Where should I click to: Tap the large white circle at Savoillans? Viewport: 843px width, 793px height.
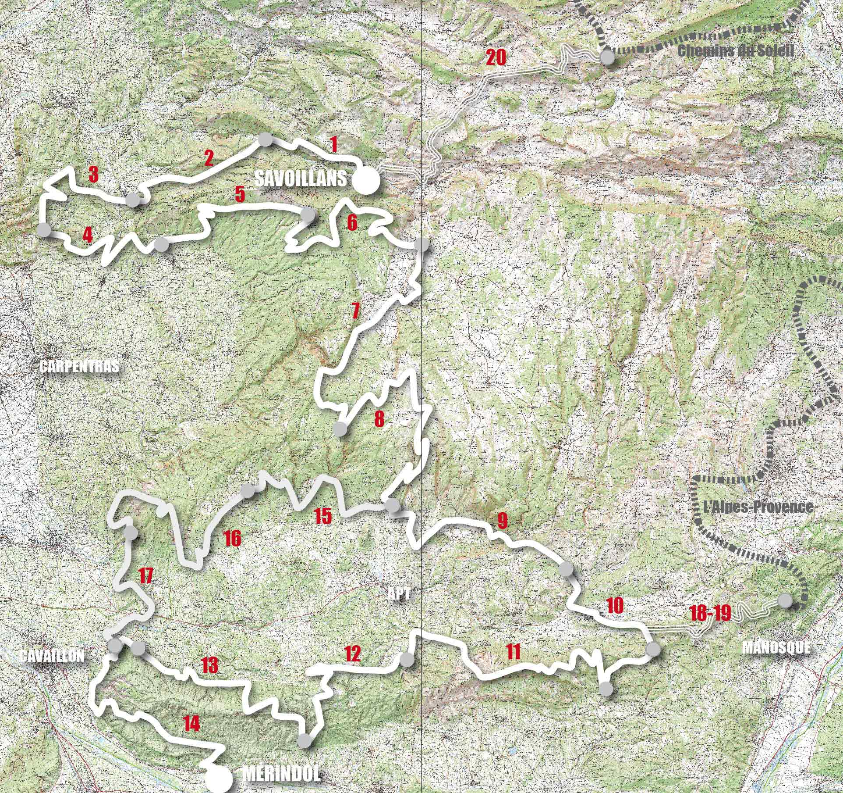(x=365, y=181)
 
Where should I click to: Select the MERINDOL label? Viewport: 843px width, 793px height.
(x=281, y=773)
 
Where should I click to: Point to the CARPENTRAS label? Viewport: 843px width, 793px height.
(x=79, y=367)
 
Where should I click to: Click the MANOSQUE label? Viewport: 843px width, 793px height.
(x=776, y=647)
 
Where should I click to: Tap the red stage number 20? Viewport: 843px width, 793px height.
(x=496, y=57)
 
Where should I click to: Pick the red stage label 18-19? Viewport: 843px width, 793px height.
(x=710, y=614)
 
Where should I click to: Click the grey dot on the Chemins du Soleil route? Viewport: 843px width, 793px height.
(x=607, y=57)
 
